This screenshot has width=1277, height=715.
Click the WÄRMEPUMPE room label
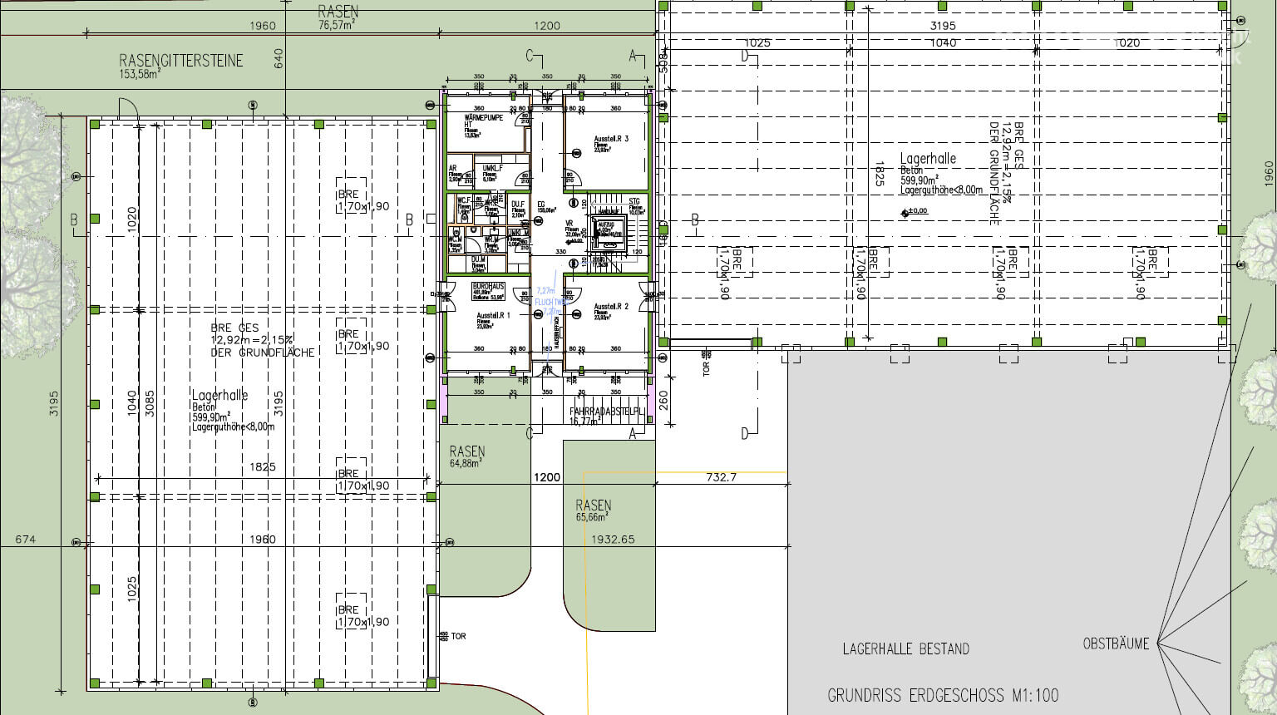(x=484, y=118)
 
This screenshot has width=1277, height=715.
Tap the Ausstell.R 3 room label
(x=611, y=139)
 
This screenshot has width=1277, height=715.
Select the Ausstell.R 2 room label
(x=611, y=307)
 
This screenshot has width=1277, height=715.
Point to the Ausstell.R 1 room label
(x=494, y=316)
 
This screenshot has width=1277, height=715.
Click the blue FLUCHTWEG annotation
(x=548, y=301)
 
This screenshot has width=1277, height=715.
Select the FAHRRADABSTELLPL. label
(x=607, y=412)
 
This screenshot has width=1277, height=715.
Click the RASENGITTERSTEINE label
(x=181, y=61)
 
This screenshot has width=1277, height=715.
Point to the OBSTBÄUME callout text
(x=1116, y=643)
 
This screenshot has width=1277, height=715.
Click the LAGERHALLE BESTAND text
(x=905, y=648)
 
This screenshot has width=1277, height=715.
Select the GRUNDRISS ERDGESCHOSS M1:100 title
(x=943, y=695)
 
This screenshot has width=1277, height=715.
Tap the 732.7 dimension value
(x=721, y=477)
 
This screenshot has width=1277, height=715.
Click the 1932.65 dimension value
(x=613, y=540)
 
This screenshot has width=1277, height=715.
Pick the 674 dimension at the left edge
(x=25, y=540)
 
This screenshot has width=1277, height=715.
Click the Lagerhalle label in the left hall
(x=219, y=396)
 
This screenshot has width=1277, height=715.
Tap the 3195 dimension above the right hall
(x=943, y=26)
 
